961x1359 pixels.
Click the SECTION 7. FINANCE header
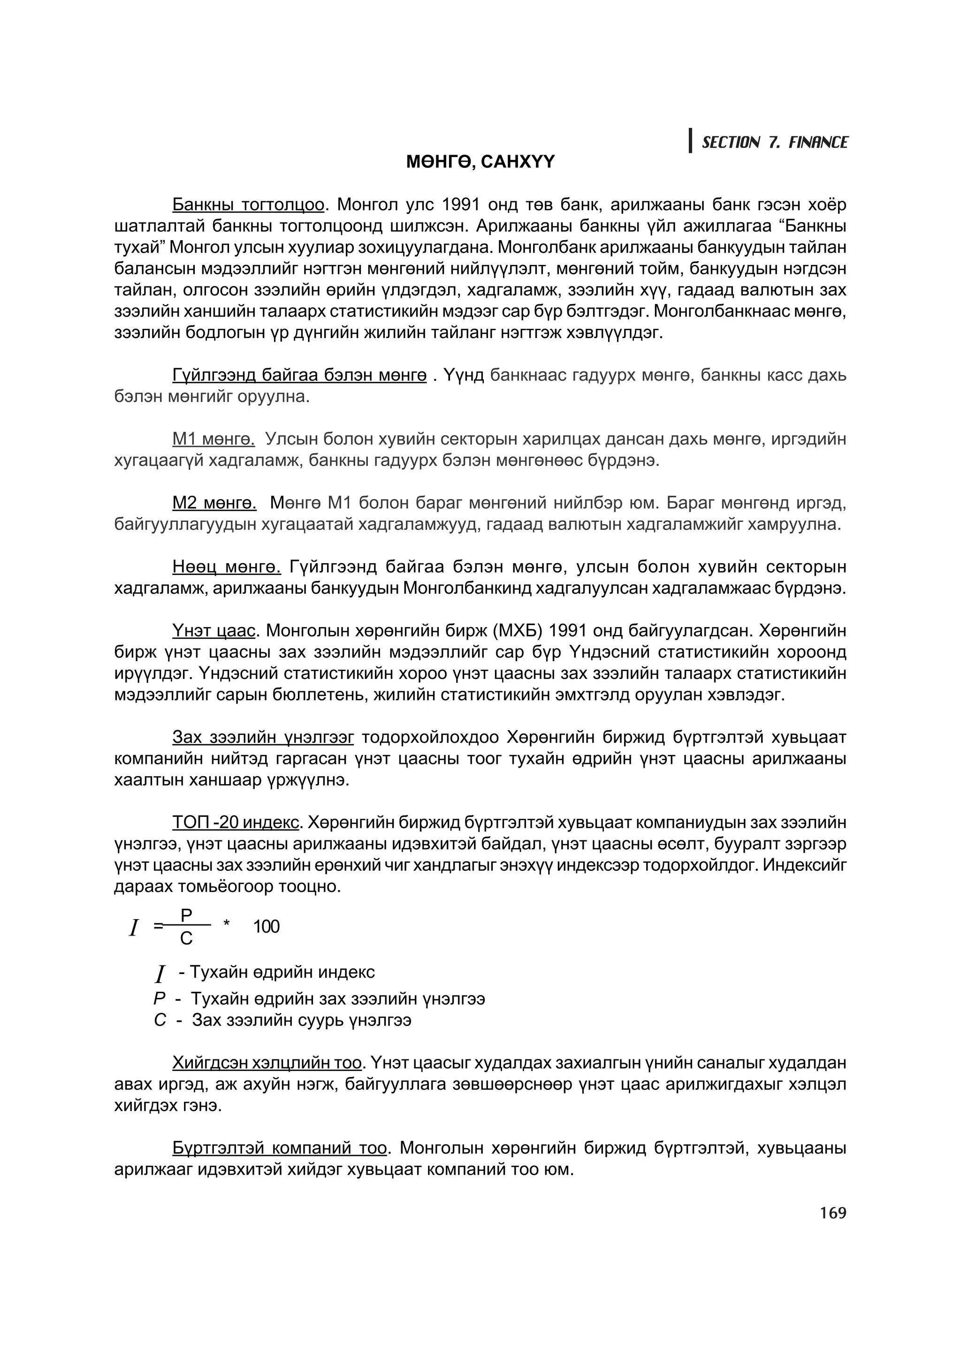(775, 142)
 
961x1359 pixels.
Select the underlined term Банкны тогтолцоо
(248, 205)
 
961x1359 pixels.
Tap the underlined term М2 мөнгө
(214, 503)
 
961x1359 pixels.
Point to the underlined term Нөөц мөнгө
(226, 567)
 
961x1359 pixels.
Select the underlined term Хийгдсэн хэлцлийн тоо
(267, 1063)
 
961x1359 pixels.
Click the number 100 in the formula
(266, 927)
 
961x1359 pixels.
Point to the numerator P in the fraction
(186, 916)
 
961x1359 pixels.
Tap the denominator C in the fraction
(186, 939)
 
